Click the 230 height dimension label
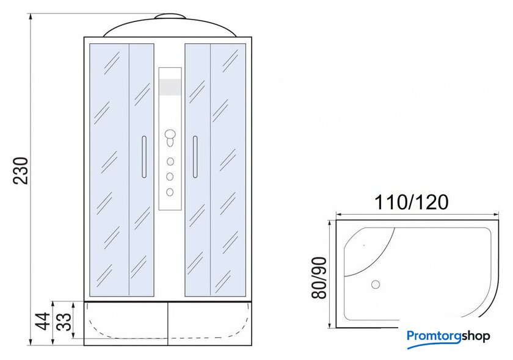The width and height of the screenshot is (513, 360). (x=21, y=171)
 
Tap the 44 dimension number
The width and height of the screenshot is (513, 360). (x=43, y=321)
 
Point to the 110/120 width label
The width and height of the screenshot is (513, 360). (x=411, y=202)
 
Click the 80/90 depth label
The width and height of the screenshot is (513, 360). (x=319, y=278)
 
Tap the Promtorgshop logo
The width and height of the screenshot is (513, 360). (x=448, y=337)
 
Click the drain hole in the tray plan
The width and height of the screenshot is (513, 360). (x=376, y=284)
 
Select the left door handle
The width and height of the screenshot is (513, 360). (x=144, y=157)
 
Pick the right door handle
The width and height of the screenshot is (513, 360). (x=195, y=157)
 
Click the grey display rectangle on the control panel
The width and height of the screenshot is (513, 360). (x=170, y=87)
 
